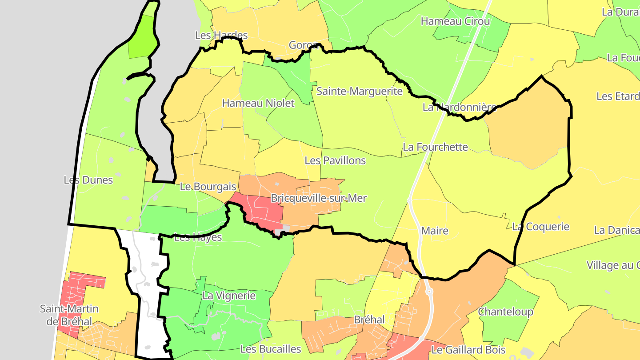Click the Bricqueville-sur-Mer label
tap(319, 198)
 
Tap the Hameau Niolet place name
tap(258, 104)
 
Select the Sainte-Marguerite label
tap(359, 92)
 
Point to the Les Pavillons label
tap(335, 160)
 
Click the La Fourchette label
tap(435, 147)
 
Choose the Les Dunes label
tap(88, 180)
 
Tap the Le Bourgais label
tap(208, 187)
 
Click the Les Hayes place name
tap(198, 237)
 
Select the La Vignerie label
tap(229, 296)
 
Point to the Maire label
tap(435, 231)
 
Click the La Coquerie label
tap(540, 227)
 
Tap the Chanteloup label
tap(505, 312)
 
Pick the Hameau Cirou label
tap(455, 21)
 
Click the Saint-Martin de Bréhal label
tap(69, 315)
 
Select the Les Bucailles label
tap(271, 349)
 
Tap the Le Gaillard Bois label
tap(469, 350)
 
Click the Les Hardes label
tap(221, 35)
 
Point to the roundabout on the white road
tap(429, 292)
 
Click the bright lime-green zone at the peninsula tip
tap(143, 42)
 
